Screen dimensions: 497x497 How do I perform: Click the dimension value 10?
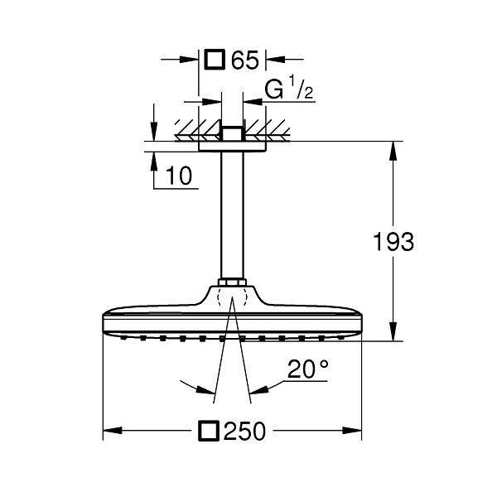(x=180, y=175)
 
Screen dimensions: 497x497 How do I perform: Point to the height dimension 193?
(x=393, y=242)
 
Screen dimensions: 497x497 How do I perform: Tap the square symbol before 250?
(x=210, y=431)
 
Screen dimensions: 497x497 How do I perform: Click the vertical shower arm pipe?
(x=232, y=215)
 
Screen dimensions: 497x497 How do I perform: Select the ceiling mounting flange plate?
(x=232, y=146)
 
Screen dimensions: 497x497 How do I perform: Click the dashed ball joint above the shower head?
(x=232, y=297)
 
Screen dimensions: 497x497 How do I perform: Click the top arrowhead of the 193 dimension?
(x=393, y=149)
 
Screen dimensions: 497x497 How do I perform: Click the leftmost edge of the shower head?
(x=103, y=325)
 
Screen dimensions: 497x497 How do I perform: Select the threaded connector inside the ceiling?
(x=232, y=133)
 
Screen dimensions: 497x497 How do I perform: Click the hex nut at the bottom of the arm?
(x=232, y=284)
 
